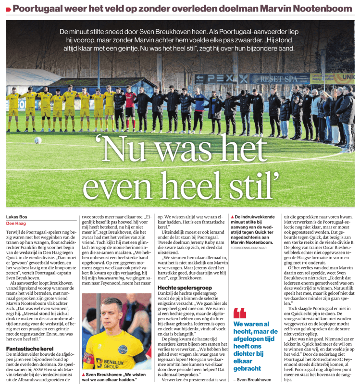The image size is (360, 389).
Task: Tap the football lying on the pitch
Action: [38, 140]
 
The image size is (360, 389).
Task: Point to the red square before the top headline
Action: [8, 8]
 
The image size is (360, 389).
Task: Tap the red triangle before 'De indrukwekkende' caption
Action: [233, 218]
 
